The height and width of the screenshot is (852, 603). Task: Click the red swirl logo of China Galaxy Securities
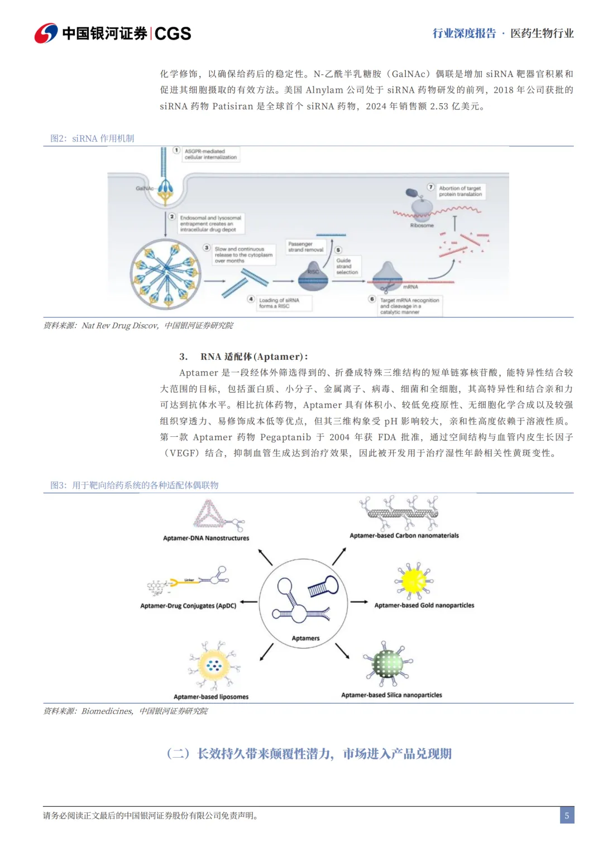pos(46,33)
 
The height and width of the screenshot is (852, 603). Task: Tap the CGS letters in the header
pos(173,34)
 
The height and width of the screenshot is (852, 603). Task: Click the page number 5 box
pos(567,815)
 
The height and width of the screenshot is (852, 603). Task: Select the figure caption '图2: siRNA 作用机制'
pos(92,138)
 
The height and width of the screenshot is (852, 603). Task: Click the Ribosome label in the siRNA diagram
pos(422,225)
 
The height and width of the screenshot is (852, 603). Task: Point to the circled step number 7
pos(430,187)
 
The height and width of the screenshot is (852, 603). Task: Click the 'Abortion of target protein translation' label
pos(460,191)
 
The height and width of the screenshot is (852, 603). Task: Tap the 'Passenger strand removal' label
pos(305,247)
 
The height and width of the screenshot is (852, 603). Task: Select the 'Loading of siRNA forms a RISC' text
pos(279,303)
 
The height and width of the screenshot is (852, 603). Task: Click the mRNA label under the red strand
pos(410,287)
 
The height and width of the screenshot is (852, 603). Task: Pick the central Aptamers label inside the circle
pos(305,638)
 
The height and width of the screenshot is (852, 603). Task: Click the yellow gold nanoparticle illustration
pos(414,580)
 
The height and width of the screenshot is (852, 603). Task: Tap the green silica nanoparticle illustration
pos(387,664)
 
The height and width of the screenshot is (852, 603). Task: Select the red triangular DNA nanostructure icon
pos(209,514)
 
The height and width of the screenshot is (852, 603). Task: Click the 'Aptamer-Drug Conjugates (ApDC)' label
pos(188,605)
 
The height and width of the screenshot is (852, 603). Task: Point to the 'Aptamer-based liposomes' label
pos(211,696)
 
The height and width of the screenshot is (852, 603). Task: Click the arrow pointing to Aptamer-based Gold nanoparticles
pos(358,602)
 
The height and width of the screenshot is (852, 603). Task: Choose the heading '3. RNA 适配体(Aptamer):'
pos(243,357)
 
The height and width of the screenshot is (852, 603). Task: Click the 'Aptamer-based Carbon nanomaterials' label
pos(404,536)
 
